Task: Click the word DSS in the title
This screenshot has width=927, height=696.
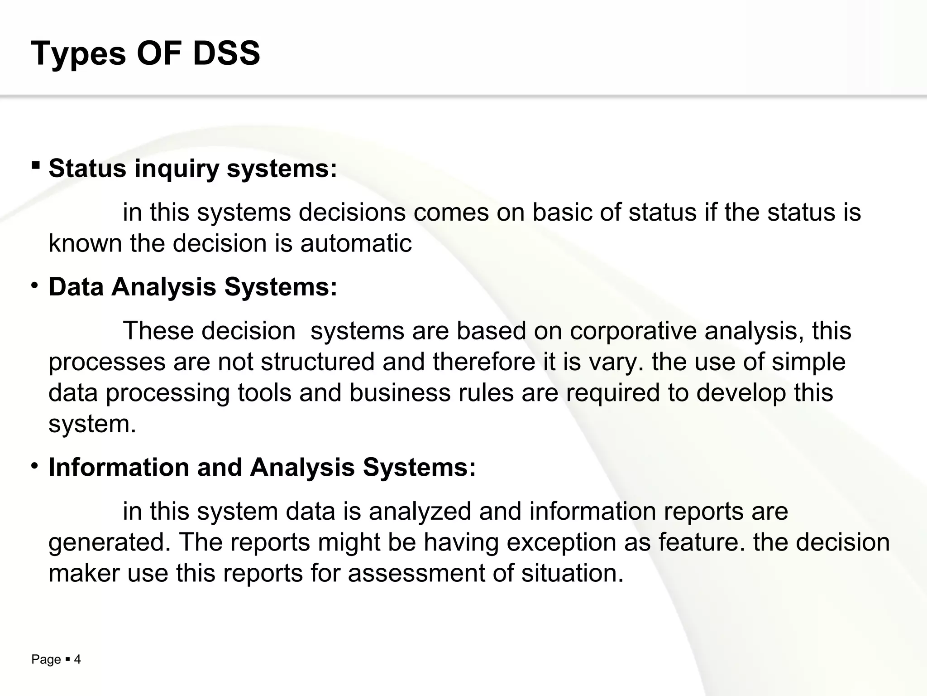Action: pyautogui.click(x=226, y=53)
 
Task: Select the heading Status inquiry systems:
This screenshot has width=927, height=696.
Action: pyautogui.click(x=193, y=169)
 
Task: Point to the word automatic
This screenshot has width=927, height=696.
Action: pyautogui.click(x=356, y=243)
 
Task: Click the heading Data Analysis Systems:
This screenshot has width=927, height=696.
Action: pyautogui.click(x=193, y=287)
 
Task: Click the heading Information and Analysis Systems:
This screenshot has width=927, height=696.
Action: pyautogui.click(x=262, y=467)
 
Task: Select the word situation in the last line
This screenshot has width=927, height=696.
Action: pyautogui.click(x=572, y=573)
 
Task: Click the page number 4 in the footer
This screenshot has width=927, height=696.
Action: pyautogui.click(x=77, y=660)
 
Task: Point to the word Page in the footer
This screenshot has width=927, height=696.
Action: pyautogui.click(x=46, y=660)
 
